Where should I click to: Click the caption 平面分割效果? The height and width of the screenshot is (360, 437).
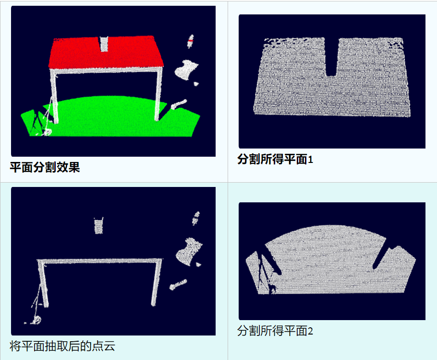coord(45,167)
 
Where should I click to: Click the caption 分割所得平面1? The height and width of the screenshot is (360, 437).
coord(275,159)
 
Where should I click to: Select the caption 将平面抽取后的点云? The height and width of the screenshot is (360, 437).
coord(62,346)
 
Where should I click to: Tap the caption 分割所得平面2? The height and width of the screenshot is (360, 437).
coord(275,331)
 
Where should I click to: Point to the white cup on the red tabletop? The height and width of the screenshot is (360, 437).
coord(104,44)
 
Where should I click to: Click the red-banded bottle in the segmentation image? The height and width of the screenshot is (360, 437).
coord(191,41)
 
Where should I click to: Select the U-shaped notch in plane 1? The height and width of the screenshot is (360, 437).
coord(332,57)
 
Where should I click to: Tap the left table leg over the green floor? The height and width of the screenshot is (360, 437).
coord(54,96)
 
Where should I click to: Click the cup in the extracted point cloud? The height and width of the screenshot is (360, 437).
coord(98,225)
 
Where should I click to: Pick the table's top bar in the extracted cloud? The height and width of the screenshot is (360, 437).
coord(99,261)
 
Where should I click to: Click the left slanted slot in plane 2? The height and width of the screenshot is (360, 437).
coord(273,258)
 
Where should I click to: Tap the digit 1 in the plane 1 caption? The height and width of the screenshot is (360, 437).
coord(310,160)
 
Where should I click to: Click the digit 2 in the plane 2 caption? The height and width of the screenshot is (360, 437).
coord(310,331)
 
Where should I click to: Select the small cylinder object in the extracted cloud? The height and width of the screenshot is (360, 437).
coord(178,285)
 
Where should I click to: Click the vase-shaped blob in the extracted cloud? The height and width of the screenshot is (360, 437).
coord(188,251)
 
